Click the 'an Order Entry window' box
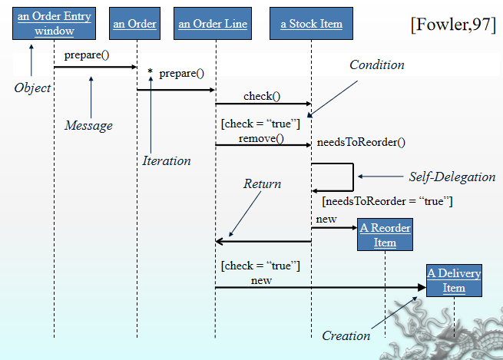tap(54, 24)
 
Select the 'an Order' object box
tap(134, 24)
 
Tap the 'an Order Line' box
tap(213, 24)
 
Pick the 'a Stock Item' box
tap(311, 24)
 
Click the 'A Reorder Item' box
tap(385, 235)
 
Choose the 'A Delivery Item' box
tap(454, 280)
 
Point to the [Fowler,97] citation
tap(453, 24)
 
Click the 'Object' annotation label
tap(32, 88)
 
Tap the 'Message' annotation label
tap(88, 125)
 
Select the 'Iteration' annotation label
tap(167, 160)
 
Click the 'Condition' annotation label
tap(376, 65)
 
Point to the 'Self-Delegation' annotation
tap(452, 177)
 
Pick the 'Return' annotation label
tap(262, 184)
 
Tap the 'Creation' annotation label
tap(346, 335)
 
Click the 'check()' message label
tap(262, 96)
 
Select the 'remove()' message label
tap(261, 138)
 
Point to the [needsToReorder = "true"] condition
tap(387, 202)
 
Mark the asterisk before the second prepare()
tap(151, 73)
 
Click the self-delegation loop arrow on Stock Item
tap(352, 177)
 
